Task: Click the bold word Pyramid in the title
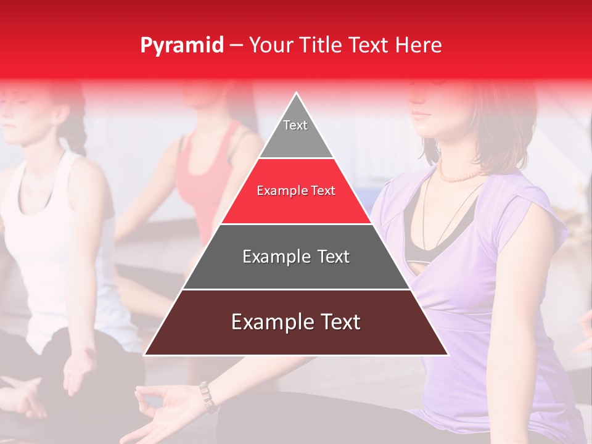pos(182,46)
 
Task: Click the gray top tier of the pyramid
pos(296,133)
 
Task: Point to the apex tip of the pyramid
pos(297,94)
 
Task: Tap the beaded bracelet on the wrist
pos(207,395)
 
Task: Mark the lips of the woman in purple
pos(421,115)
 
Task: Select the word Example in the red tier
pos(276,191)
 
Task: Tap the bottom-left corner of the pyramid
pos(146,355)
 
